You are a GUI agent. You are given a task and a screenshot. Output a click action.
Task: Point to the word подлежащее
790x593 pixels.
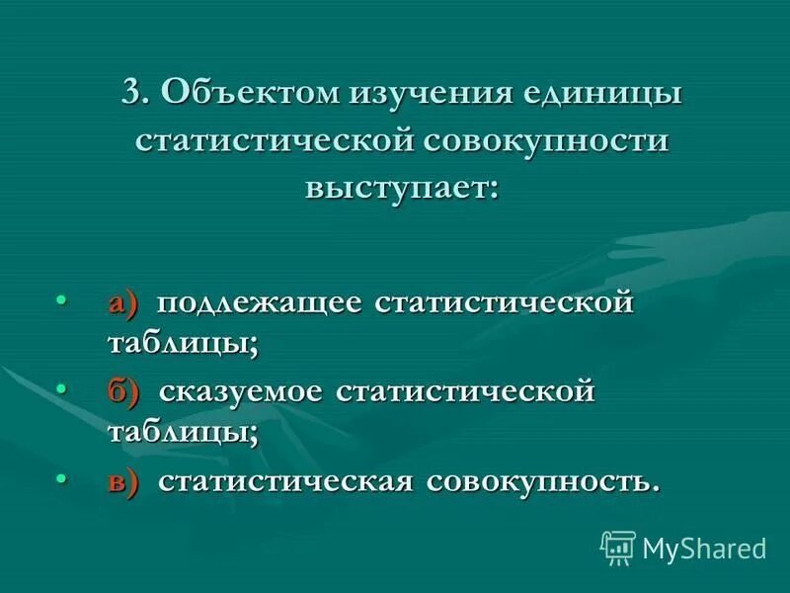[257, 301]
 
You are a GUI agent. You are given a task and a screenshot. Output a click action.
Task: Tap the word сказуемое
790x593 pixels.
[241, 391]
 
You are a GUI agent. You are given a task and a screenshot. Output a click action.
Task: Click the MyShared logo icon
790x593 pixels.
[618, 547]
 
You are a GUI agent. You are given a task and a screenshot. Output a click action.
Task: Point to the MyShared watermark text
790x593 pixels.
[704, 548]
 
